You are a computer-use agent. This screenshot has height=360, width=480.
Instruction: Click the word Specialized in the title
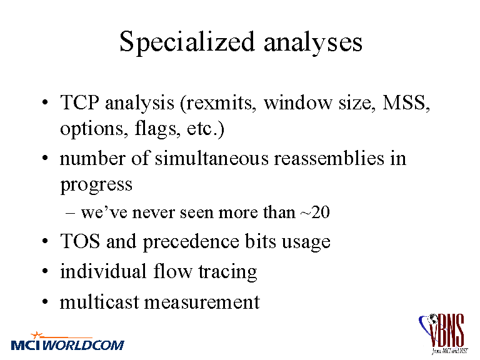point(187,43)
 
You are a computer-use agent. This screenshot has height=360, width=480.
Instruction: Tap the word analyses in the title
point(313,44)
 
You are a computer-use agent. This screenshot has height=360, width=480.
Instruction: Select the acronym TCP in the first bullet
point(79,102)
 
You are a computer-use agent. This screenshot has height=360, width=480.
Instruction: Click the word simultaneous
point(212,159)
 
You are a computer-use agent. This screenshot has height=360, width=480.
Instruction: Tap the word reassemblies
point(329,159)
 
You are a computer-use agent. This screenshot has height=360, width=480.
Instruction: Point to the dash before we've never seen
point(71,213)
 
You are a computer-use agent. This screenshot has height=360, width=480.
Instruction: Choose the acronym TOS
point(80,241)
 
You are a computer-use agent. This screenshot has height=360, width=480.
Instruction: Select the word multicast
point(99,302)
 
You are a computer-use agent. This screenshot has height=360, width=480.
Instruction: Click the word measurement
point(202,302)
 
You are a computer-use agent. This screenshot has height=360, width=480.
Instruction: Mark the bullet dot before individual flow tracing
point(45,271)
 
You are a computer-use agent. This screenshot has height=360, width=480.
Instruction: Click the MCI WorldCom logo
point(67,341)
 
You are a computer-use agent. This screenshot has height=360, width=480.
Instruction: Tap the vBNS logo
point(443,334)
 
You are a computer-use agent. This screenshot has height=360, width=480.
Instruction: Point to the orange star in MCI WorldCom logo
point(37,335)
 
